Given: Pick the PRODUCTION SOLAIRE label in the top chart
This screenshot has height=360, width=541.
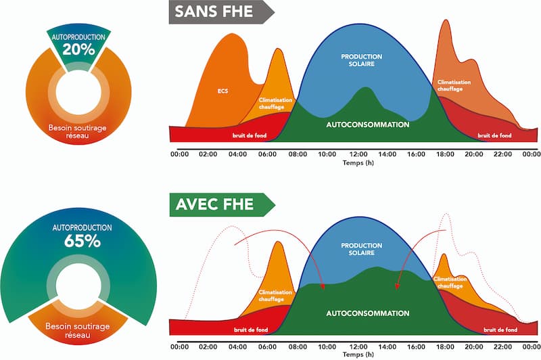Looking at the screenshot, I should [361, 61].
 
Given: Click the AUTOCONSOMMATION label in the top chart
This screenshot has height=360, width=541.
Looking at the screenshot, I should [367, 125].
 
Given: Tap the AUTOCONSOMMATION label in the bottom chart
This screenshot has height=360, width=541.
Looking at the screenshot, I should [367, 314].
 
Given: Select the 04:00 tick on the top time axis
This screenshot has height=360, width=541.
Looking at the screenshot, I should [237, 154].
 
